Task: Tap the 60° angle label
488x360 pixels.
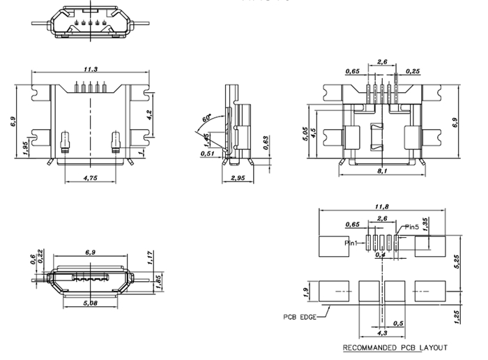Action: pos(207,119)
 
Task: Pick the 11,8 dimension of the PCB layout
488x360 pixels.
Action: pos(381,206)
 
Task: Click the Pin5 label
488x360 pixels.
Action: pos(412,227)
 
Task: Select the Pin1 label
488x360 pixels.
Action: pos(352,243)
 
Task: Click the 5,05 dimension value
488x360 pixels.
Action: pos(305,134)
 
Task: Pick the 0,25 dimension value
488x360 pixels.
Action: pos(415,71)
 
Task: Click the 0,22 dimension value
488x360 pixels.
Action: pos(41,257)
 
